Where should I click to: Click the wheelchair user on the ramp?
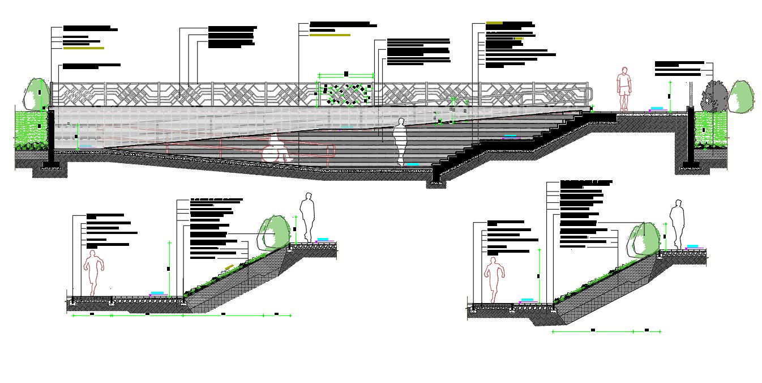tap(275, 150)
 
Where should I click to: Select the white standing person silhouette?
tap(401, 142)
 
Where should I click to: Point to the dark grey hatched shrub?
tap(715, 97)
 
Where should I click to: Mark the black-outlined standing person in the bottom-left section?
tap(307, 217)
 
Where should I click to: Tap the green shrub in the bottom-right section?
tap(645, 239)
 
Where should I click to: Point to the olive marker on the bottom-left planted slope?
tap(229, 266)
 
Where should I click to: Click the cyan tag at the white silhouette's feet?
tap(413, 164)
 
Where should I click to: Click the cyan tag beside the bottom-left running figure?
tap(158, 293)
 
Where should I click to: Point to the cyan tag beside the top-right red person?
tap(657, 108)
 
